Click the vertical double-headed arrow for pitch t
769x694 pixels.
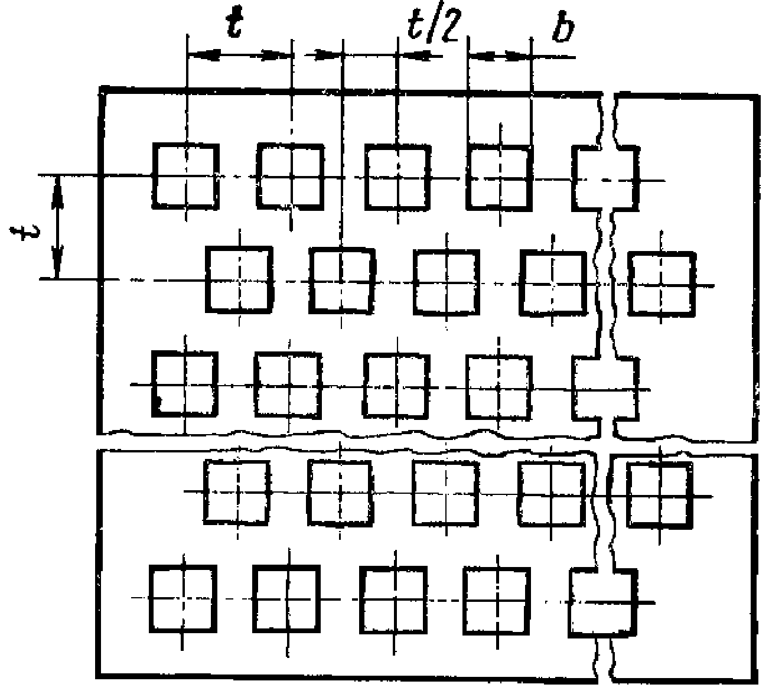(x=57, y=227)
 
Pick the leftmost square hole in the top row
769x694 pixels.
(x=185, y=176)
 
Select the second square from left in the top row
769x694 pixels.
(x=290, y=176)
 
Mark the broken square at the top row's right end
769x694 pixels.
(x=605, y=179)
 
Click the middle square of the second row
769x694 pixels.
(x=446, y=281)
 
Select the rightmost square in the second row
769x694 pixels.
(x=661, y=284)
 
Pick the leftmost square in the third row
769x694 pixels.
(x=185, y=385)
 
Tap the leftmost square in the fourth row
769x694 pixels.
(x=237, y=492)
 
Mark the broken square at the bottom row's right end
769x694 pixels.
(x=603, y=601)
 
